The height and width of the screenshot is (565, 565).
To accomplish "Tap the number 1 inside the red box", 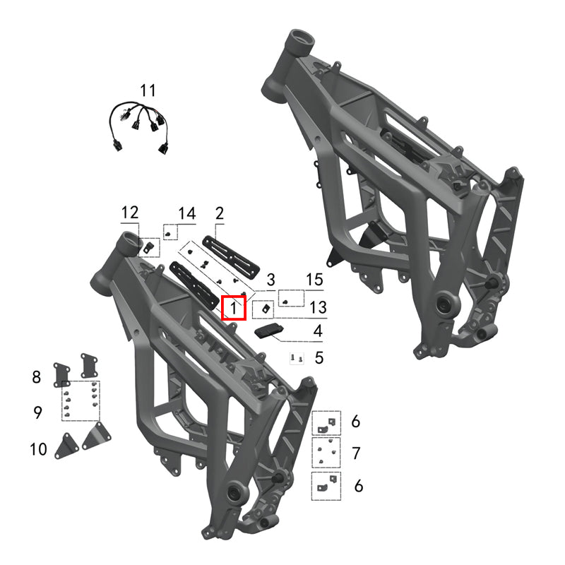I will [234, 308].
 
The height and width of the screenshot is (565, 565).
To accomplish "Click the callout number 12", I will [130, 212].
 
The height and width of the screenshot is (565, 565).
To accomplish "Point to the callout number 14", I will [186, 213].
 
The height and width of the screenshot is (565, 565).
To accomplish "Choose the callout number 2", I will [219, 212].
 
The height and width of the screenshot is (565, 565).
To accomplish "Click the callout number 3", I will [270, 280].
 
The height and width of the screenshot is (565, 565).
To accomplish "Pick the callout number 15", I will [314, 280].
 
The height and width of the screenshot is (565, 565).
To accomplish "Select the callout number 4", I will [318, 331].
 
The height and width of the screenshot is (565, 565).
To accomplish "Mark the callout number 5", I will [319, 358].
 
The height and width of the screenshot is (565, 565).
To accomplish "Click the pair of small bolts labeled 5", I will [297, 359].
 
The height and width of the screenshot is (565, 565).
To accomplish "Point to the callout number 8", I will [37, 377].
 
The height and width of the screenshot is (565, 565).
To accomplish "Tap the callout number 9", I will [37, 412].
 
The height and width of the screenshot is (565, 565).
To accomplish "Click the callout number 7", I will [356, 452].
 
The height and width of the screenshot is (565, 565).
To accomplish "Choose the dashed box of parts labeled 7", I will [326, 452].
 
